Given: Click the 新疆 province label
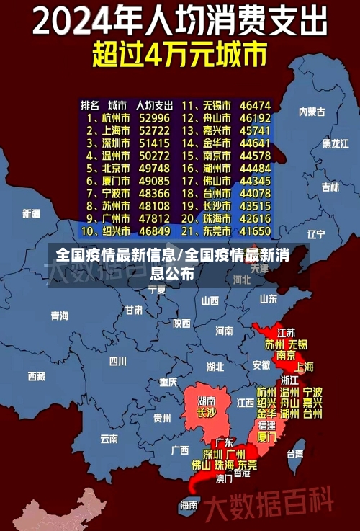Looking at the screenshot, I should (x=31, y=214).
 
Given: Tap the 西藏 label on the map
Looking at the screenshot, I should (x=37, y=376).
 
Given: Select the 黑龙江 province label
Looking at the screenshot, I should (x=335, y=143).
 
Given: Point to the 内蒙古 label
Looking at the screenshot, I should (x=312, y=112).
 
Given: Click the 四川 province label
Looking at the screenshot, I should (x=117, y=361).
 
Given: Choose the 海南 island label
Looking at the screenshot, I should (x=189, y=505).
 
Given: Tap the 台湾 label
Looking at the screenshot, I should (x=295, y=454).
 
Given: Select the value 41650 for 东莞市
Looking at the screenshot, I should (x=255, y=232).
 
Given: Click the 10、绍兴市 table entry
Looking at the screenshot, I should (x=105, y=232).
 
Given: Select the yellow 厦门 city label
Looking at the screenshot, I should (x=266, y=437).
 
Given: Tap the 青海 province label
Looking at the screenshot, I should (x=60, y=316).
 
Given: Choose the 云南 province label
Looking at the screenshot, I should (x=109, y=438).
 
